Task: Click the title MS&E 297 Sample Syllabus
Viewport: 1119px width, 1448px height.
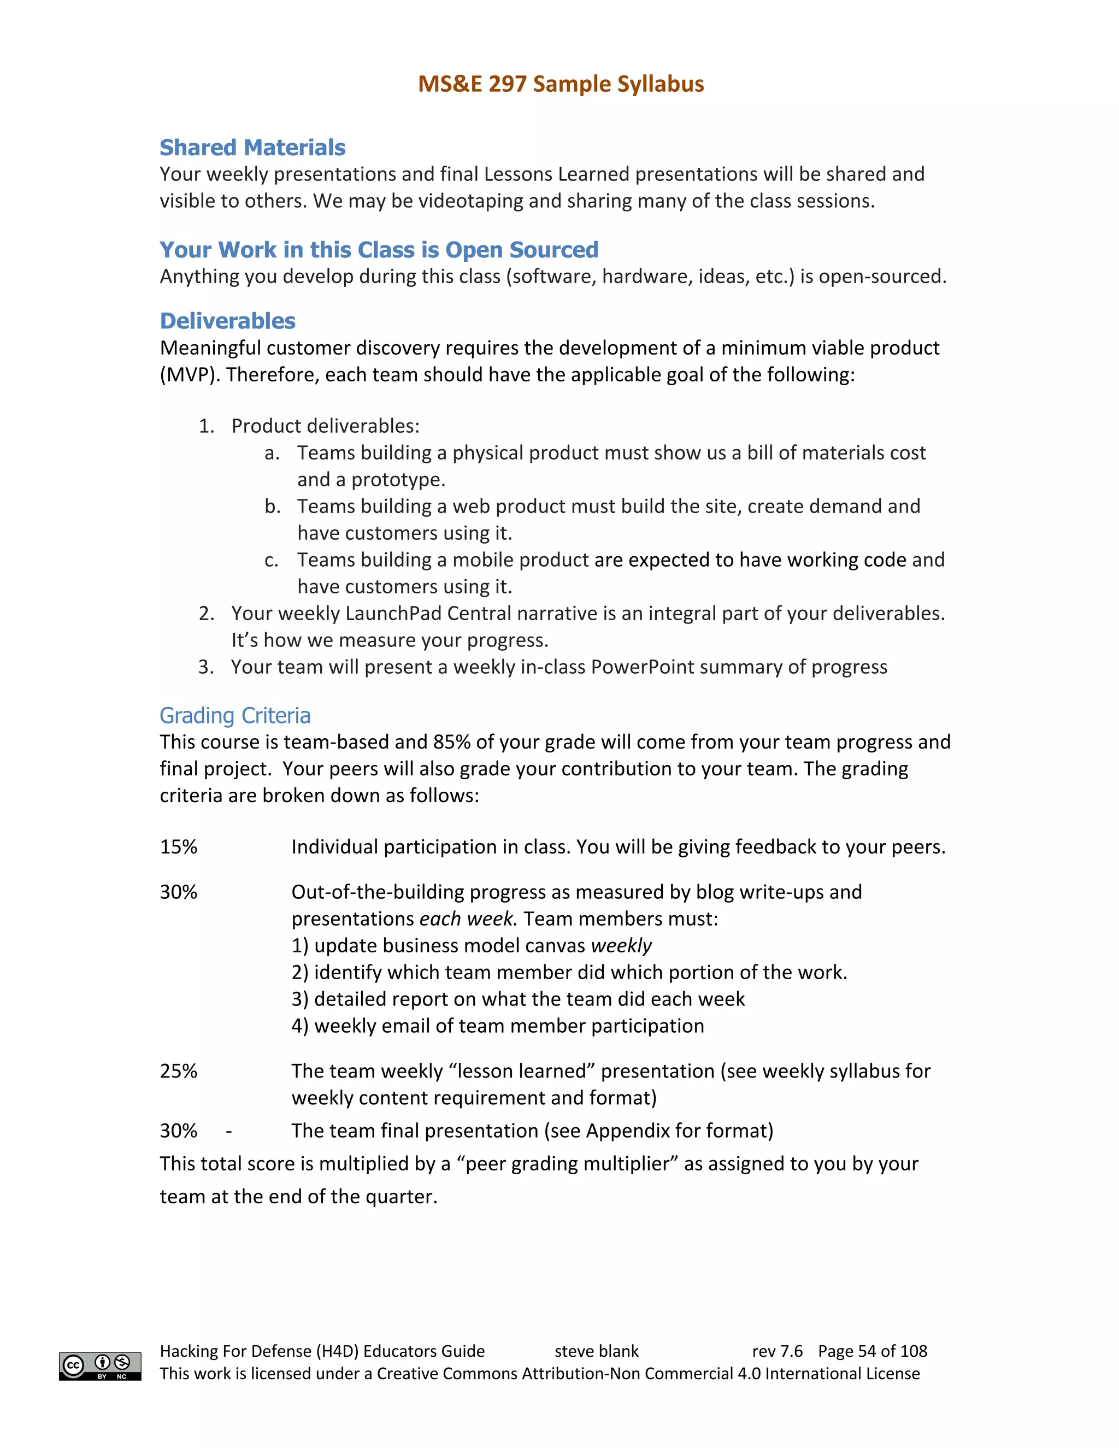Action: [x=560, y=84]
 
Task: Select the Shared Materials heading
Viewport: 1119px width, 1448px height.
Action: [x=252, y=147]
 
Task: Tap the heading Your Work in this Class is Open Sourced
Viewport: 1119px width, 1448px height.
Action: [x=379, y=249]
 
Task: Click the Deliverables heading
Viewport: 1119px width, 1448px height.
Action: [x=227, y=321]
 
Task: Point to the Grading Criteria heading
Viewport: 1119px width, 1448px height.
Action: [x=234, y=715]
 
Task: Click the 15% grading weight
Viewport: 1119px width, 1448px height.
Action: [x=178, y=846]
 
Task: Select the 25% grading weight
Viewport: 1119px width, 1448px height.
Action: [x=178, y=1071]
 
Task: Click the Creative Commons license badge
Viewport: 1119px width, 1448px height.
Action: [x=100, y=1366]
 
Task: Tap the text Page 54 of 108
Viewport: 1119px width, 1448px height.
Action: [x=873, y=1351]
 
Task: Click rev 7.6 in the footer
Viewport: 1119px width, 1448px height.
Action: [x=777, y=1351]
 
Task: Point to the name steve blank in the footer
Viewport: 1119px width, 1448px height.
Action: [x=596, y=1351]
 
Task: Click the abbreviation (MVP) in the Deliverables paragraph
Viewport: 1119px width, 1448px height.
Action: [x=189, y=375]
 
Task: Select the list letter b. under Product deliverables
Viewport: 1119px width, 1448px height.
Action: [x=272, y=507]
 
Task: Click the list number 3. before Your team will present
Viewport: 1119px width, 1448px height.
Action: [x=206, y=667]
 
